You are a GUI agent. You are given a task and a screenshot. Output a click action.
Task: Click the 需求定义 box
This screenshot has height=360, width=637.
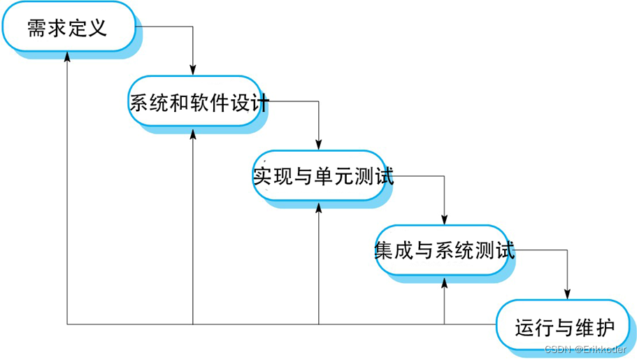[67, 28]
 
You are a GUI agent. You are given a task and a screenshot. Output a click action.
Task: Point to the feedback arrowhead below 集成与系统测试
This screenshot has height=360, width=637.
[445, 284]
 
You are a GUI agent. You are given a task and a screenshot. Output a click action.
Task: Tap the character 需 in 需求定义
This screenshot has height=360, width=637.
[37, 28]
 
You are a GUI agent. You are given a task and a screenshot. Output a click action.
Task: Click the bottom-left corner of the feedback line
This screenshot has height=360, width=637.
[67, 324]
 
